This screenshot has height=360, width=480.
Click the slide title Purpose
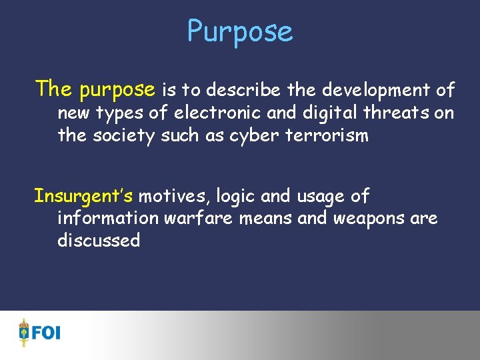tap(239, 31)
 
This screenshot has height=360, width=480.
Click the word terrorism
tap(327, 135)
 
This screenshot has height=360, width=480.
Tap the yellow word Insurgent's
tap(83, 196)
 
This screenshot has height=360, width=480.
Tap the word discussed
tap(99, 241)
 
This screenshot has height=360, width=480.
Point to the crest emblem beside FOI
tap(25, 332)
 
